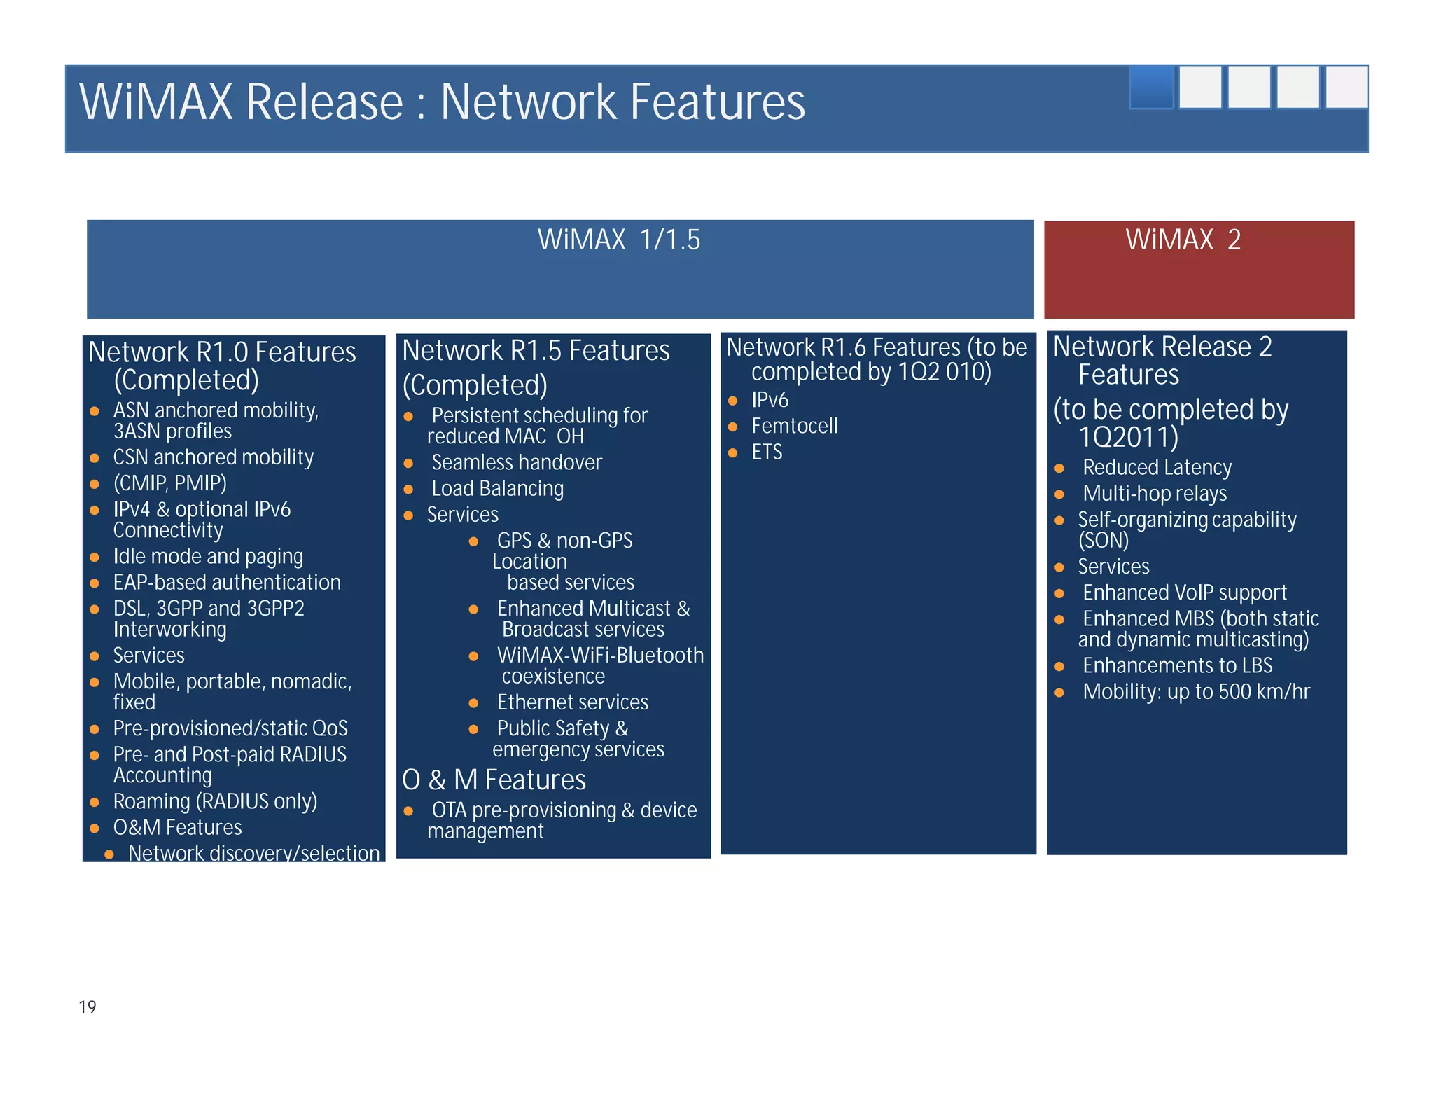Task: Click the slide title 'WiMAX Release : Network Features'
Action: click(x=442, y=102)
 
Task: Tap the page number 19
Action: click(x=88, y=1007)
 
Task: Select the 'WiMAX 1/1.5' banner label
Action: click(x=618, y=240)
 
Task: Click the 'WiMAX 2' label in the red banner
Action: click(x=1183, y=240)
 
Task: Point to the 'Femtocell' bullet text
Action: click(x=794, y=426)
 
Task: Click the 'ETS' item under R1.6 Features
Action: click(x=767, y=452)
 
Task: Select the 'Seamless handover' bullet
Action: click(x=516, y=462)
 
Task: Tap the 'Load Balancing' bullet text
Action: click(x=497, y=489)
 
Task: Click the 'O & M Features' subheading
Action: click(x=494, y=780)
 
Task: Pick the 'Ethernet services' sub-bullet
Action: click(x=572, y=702)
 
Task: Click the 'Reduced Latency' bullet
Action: click(x=1157, y=467)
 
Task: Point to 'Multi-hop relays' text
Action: click(x=1155, y=494)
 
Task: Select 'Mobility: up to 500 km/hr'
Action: click(x=1196, y=692)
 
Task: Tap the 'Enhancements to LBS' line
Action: click(x=1177, y=665)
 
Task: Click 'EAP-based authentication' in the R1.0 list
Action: click(x=227, y=583)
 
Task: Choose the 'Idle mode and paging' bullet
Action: click(x=208, y=557)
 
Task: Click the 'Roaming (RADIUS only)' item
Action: click(x=215, y=801)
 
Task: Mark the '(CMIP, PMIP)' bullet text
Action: click(x=169, y=483)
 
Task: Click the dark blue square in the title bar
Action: click(x=1151, y=88)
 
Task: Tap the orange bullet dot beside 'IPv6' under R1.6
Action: click(x=733, y=401)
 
